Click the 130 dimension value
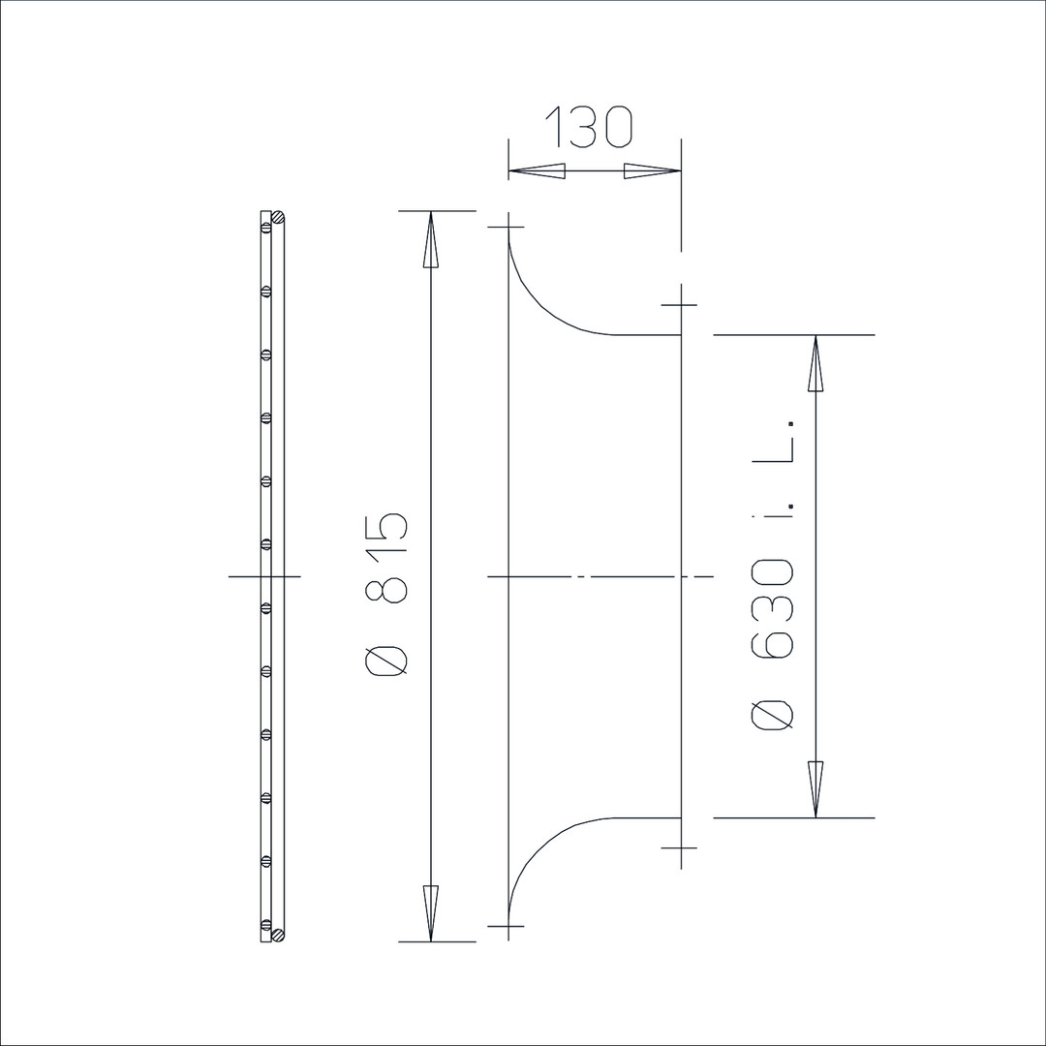[589, 125]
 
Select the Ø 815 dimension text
[386, 595]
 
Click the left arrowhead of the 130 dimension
[537, 171]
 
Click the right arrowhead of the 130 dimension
[653, 171]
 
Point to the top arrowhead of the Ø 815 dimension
[431, 239]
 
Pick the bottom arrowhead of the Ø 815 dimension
[431, 913]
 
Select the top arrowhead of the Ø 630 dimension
[815, 363]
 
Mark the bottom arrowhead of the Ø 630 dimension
[815, 789]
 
